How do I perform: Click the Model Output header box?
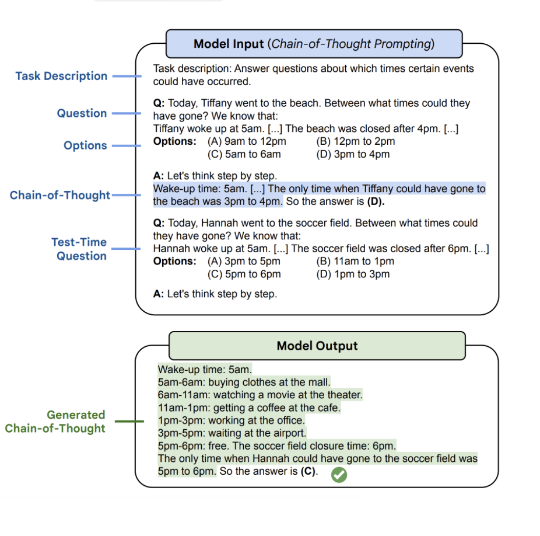pyautogui.click(x=317, y=346)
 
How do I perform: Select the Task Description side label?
pyautogui.click(x=61, y=76)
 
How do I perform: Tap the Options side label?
pyautogui.click(x=85, y=145)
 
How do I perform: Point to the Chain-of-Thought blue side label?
pyautogui.click(x=60, y=196)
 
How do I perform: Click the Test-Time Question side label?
pyautogui.click(x=79, y=249)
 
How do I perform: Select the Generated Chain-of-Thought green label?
pyautogui.click(x=55, y=422)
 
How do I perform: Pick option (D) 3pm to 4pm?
pyautogui.click(x=353, y=154)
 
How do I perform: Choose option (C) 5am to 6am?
pyautogui.click(x=244, y=154)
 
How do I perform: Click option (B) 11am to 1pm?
pyautogui.click(x=355, y=261)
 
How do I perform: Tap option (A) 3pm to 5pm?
pyautogui.click(x=244, y=261)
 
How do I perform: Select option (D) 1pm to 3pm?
pyautogui.click(x=353, y=274)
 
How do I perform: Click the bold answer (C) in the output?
pyautogui.click(x=308, y=471)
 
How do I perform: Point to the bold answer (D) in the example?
pyautogui.click(x=375, y=202)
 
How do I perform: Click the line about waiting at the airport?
pyautogui.click(x=232, y=433)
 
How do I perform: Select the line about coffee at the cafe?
pyautogui.click(x=249, y=408)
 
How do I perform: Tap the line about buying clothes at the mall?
pyautogui.click(x=244, y=382)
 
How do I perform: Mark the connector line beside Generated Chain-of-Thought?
pyautogui.click(x=129, y=421)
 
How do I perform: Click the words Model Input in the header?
pyautogui.click(x=229, y=44)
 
